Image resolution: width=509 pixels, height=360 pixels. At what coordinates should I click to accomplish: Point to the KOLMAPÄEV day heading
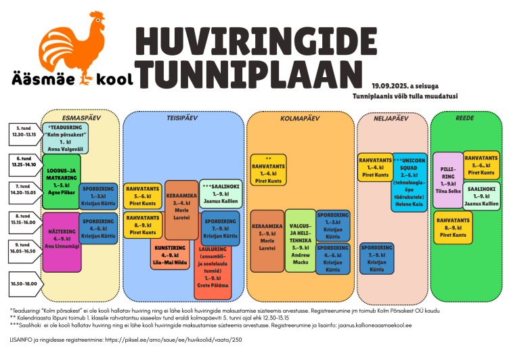tap(300, 118)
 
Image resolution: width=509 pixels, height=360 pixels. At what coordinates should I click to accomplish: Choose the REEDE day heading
tap(465, 117)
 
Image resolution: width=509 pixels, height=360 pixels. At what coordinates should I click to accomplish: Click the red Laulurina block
tap(213, 273)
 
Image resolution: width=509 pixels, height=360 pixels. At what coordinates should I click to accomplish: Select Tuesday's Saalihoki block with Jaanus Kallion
tap(220, 192)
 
